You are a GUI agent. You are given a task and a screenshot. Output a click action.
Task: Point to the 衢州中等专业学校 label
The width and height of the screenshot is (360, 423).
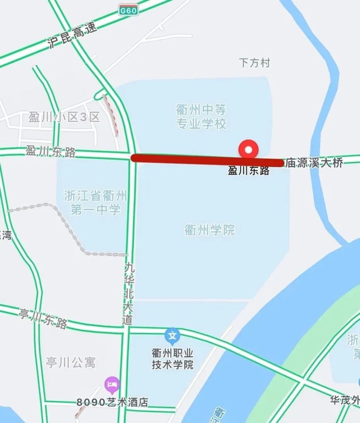point(201,117)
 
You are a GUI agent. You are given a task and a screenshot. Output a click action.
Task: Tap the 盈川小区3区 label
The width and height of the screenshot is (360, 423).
point(64,117)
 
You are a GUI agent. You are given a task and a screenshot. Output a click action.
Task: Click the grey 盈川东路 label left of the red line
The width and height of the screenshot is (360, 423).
point(51,151)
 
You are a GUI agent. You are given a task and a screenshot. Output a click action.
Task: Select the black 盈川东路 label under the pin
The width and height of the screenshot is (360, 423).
point(248,170)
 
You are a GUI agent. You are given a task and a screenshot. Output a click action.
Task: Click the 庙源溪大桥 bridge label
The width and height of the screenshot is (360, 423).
point(314,163)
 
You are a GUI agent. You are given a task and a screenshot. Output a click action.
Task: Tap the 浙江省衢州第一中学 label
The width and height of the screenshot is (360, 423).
point(95,203)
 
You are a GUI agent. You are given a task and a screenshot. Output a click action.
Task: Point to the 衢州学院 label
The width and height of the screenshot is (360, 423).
point(210,230)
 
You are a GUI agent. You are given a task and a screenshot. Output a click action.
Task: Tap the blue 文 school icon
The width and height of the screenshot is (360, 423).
point(172,336)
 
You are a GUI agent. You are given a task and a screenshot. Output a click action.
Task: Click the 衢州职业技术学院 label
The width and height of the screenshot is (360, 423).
point(172,359)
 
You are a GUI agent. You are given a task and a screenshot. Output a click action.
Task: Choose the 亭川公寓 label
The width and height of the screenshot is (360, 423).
point(71,363)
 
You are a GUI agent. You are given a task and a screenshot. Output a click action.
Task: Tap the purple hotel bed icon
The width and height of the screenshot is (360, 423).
point(112,385)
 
